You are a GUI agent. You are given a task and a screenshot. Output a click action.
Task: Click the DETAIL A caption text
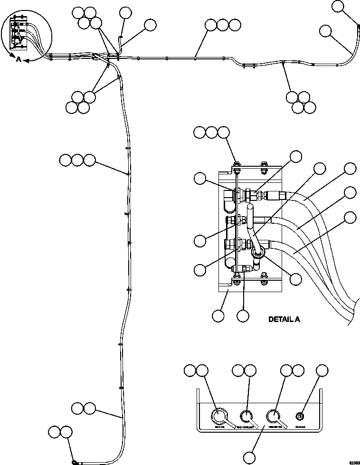point(284,320)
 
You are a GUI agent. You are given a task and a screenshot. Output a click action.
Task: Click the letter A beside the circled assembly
point(19,59)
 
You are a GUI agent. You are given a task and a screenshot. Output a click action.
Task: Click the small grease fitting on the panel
point(300,417)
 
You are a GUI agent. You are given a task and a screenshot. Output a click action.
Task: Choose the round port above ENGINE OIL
point(273,417)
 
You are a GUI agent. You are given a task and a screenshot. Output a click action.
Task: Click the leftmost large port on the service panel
point(219,417)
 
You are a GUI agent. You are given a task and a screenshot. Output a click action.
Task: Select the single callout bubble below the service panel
point(249,457)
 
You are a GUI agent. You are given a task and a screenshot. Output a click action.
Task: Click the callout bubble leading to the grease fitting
point(322,370)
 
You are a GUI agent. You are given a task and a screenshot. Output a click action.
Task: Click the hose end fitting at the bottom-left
point(75,461)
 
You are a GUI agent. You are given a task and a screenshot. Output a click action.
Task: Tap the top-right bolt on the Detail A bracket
point(264,166)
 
